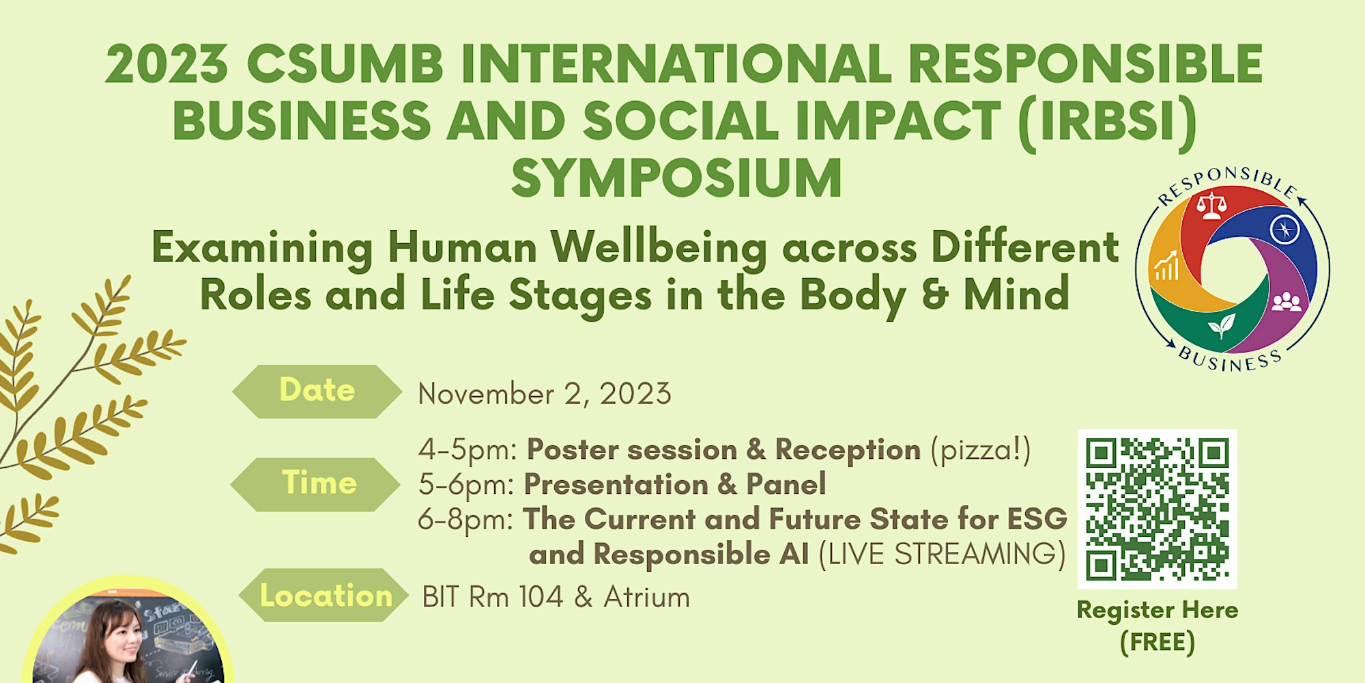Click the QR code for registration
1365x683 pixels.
pos(1158,509)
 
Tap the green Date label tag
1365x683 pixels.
pos(317,391)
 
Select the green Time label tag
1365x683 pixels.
pos(316,484)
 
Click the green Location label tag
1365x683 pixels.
pos(324,595)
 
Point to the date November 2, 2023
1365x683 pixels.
pos(545,394)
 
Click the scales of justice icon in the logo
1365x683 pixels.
pos(1211,206)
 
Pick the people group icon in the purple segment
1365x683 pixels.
pos(1287,301)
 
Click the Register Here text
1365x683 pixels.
pos(1158,610)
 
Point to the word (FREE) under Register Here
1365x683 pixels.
pos(1158,642)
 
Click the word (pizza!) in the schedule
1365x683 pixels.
pos(981,450)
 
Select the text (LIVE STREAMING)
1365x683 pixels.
pos(942,554)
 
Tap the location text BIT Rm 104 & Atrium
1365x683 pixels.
pos(556,597)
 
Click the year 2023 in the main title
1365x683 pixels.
pos(167,64)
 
